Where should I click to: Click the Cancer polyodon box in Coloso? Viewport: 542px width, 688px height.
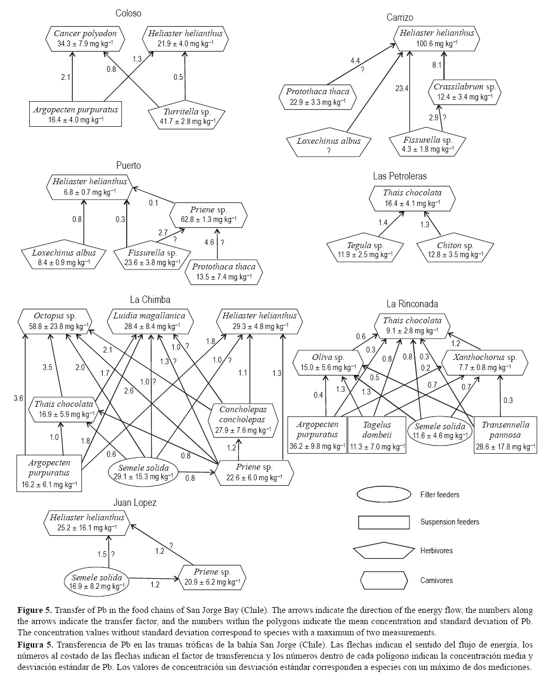click(85, 38)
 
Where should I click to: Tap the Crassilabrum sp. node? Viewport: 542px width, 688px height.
click(465, 92)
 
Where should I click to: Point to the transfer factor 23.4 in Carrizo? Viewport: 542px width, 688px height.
click(401, 88)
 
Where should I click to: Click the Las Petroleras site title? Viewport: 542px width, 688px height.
click(399, 176)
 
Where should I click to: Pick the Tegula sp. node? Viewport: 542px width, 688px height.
click(365, 250)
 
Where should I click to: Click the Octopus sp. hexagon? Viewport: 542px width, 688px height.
click(55, 321)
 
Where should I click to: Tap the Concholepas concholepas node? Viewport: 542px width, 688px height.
click(242, 419)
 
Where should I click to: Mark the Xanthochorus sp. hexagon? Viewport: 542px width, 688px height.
click(484, 362)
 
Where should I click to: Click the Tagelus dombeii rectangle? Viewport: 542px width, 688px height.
click(376, 435)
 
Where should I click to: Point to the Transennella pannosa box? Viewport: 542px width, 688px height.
click(505, 435)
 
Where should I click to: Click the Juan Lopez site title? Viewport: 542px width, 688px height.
click(135, 502)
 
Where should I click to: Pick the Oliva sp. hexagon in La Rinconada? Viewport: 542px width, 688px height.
click(328, 362)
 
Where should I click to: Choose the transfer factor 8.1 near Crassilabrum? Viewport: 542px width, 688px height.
click(437, 65)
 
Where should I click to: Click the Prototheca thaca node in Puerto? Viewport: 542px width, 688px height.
click(224, 271)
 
